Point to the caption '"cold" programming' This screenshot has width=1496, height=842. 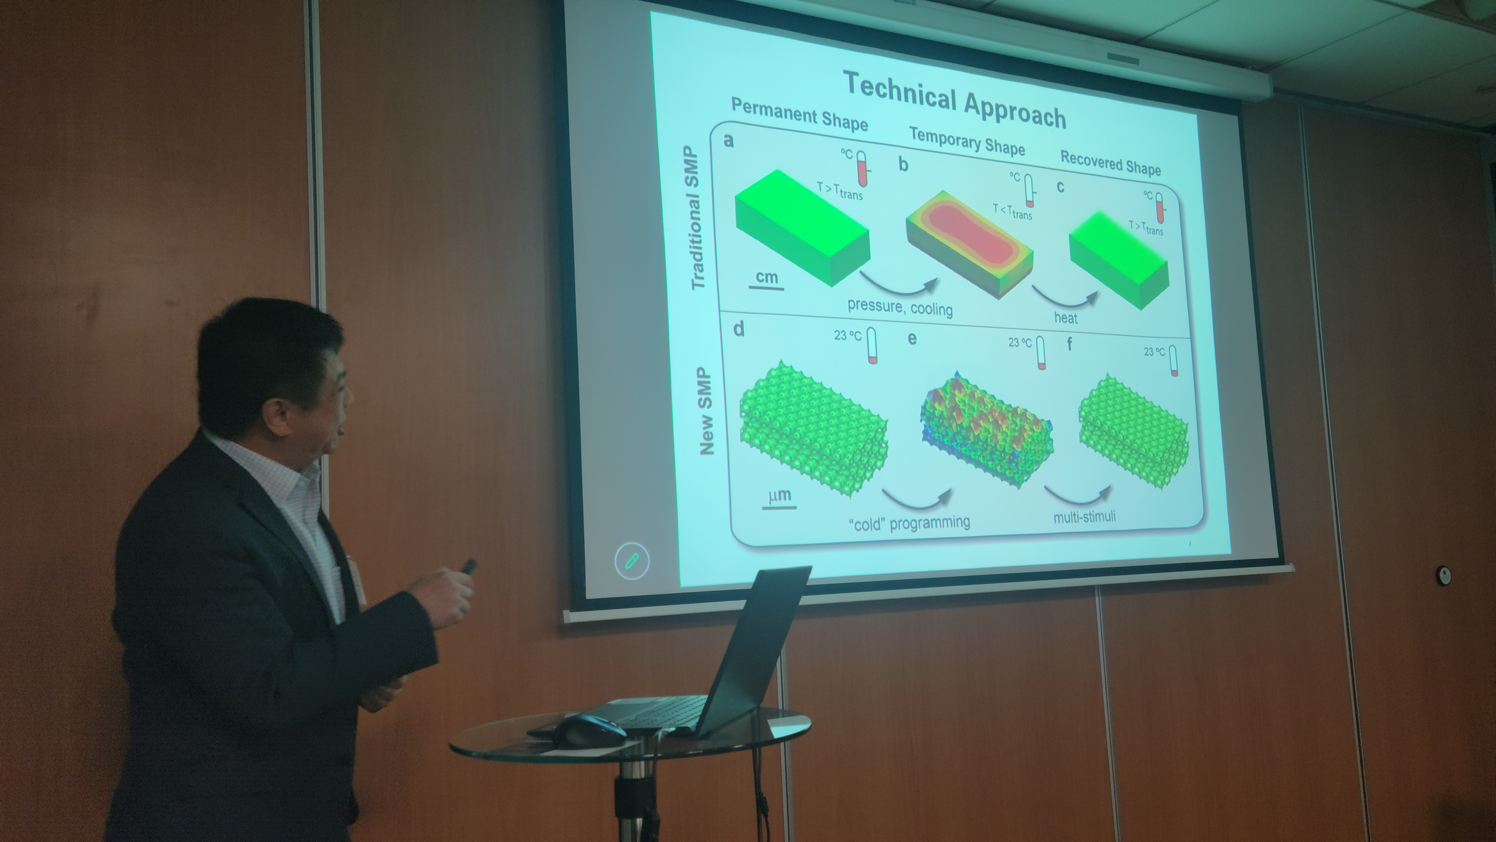coord(909,522)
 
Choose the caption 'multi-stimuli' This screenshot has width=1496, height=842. coord(1084,516)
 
